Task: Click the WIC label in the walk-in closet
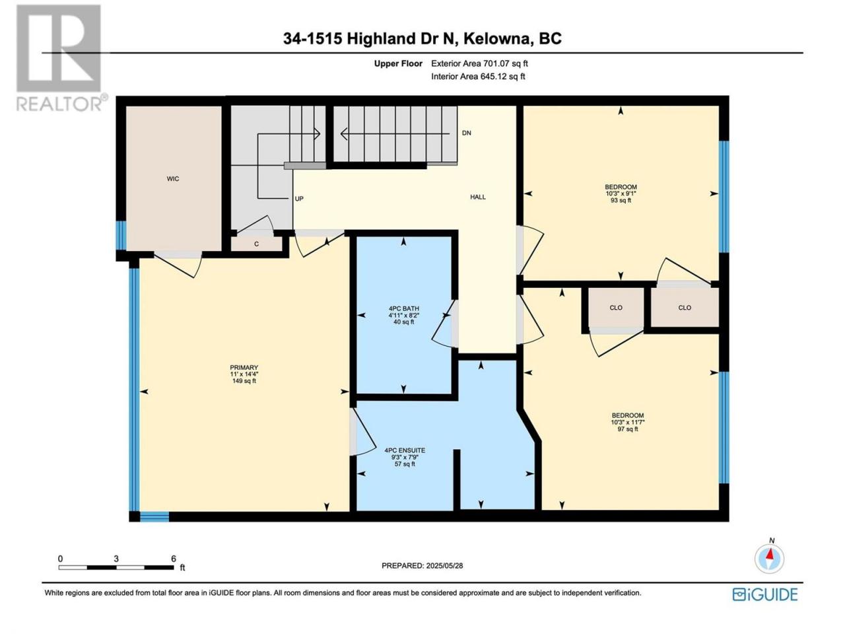pyautogui.click(x=172, y=178)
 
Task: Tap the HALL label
pyautogui.click(x=478, y=197)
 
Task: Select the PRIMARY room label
pyautogui.click(x=244, y=368)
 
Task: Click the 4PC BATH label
pyautogui.click(x=403, y=308)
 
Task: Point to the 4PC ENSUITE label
pyautogui.click(x=405, y=450)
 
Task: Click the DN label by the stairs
pyautogui.click(x=466, y=133)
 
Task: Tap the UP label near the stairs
pyautogui.click(x=299, y=199)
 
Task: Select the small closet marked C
pyautogui.click(x=256, y=244)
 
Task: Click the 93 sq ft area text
pyautogui.click(x=621, y=201)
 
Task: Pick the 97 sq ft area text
pyautogui.click(x=628, y=429)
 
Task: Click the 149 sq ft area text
pyautogui.click(x=244, y=381)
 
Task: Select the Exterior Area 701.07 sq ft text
pyautogui.click(x=479, y=63)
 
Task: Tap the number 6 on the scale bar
pyautogui.click(x=174, y=559)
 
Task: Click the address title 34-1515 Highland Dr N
pyautogui.click(x=370, y=38)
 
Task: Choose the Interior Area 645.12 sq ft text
pyautogui.click(x=478, y=77)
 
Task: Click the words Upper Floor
pyautogui.click(x=398, y=63)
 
